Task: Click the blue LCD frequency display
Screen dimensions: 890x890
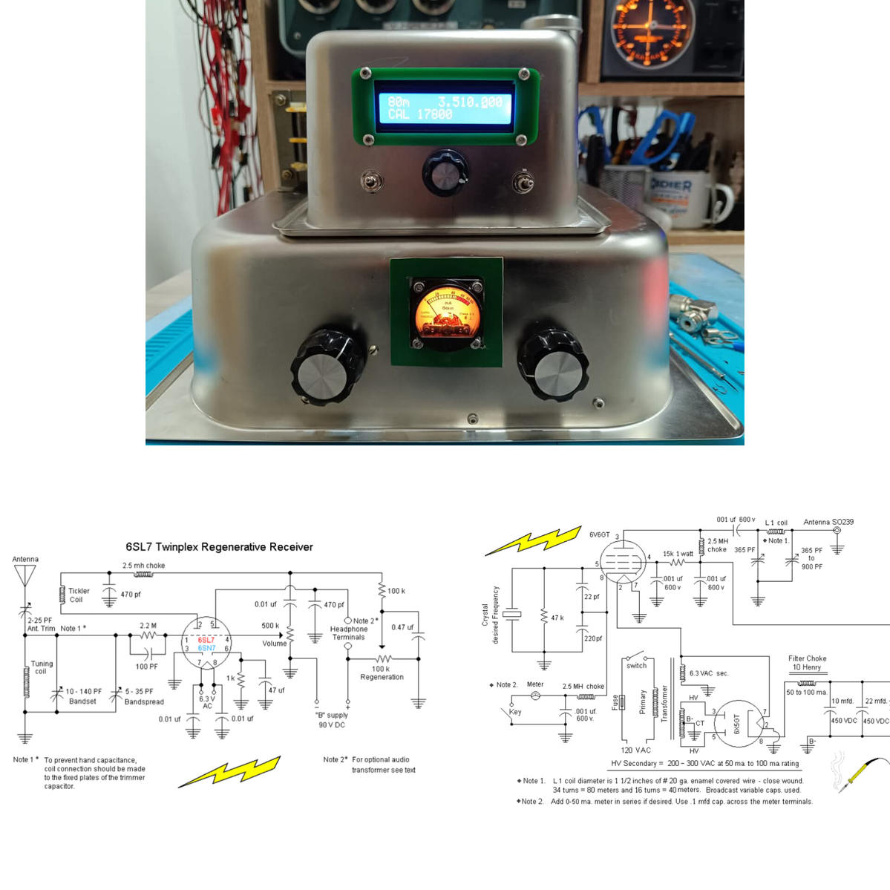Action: click(x=445, y=108)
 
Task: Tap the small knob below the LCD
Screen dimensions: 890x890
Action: click(x=445, y=173)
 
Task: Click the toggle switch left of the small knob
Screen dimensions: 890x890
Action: click(x=368, y=180)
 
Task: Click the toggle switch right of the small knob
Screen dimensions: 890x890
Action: click(x=523, y=180)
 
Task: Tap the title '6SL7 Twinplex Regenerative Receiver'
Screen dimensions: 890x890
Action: click(x=219, y=547)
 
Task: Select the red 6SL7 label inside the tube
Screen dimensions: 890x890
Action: click(x=206, y=639)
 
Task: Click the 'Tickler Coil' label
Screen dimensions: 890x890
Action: click(x=79, y=595)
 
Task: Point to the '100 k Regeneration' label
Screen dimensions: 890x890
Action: click(x=382, y=673)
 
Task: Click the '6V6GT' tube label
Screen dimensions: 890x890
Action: click(x=599, y=534)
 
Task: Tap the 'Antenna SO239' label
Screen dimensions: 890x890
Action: click(x=828, y=522)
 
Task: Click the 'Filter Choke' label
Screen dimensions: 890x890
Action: click(x=807, y=658)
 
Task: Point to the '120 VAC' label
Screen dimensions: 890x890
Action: click(x=635, y=750)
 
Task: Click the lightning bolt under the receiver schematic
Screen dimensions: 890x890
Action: click(x=229, y=771)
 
